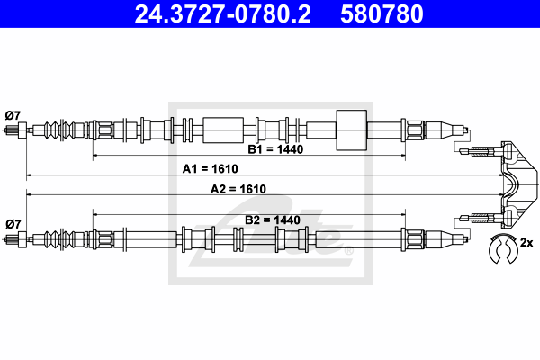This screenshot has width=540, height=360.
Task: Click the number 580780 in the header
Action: pos(382,14)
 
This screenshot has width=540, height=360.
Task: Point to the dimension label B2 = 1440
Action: pos(272,220)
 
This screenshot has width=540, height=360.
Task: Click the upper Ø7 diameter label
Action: pos(13,114)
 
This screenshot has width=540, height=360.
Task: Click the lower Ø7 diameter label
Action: pos(13,223)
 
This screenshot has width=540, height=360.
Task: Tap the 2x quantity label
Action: pos(526,242)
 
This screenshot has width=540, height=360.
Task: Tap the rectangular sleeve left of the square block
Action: pos(223,130)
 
